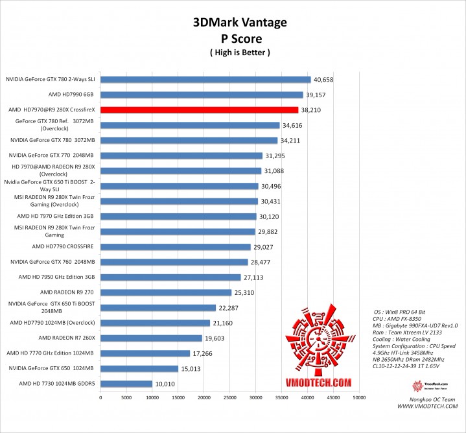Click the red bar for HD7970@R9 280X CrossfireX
[x=199, y=110]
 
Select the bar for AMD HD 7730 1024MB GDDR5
[x=126, y=384]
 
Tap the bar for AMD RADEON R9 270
[x=166, y=292]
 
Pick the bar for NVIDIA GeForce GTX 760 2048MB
[x=174, y=262]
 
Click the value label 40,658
[x=323, y=80]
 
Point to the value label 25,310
[x=244, y=292]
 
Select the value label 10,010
[x=165, y=384]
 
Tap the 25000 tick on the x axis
[x=230, y=397]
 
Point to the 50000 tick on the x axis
[x=359, y=397]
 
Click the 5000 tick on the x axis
[x=126, y=397]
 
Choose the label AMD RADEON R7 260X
[x=66, y=338]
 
